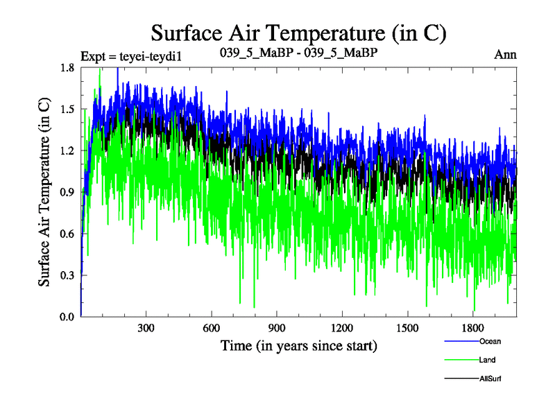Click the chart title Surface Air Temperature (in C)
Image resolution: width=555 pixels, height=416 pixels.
pyautogui.click(x=298, y=33)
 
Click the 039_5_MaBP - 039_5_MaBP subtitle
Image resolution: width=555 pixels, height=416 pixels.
pyautogui.click(x=298, y=53)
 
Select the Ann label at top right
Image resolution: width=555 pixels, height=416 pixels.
pyautogui.click(x=505, y=54)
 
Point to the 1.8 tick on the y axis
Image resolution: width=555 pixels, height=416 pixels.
pyautogui.click(x=68, y=67)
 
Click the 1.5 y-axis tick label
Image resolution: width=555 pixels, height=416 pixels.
pyautogui.click(x=68, y=109)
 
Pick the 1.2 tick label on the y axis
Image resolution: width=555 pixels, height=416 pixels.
pyautogui.click(x=68, y=150)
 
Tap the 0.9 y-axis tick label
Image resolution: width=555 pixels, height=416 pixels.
pyautogui.click(x=68, y=192)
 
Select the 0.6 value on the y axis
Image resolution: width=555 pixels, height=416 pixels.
pyautogui.click(x=68, y=234)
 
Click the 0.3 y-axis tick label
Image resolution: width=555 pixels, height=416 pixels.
pyautogui.click(x=68, y=275)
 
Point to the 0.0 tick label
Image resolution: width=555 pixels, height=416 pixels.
pyautogui.click(x=68, y=317)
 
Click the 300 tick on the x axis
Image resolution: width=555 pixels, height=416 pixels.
pyautogui.click(x=146, y=327)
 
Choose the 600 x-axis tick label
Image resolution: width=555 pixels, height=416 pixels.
pyautogui.click(x=211, y=327)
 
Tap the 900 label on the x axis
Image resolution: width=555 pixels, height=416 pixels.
pyautogui.click(x=277, y=327)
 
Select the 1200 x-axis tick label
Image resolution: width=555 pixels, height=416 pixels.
pyautogui.click(x=342, y=327)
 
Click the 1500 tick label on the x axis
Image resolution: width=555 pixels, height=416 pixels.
pyautogui.click(x=407, y=327)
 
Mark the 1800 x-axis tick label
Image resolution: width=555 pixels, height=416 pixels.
pyautogui.click(x=472, y=327)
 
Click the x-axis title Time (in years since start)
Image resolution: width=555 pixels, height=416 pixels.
pyautogui.click(x=298, y=345)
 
